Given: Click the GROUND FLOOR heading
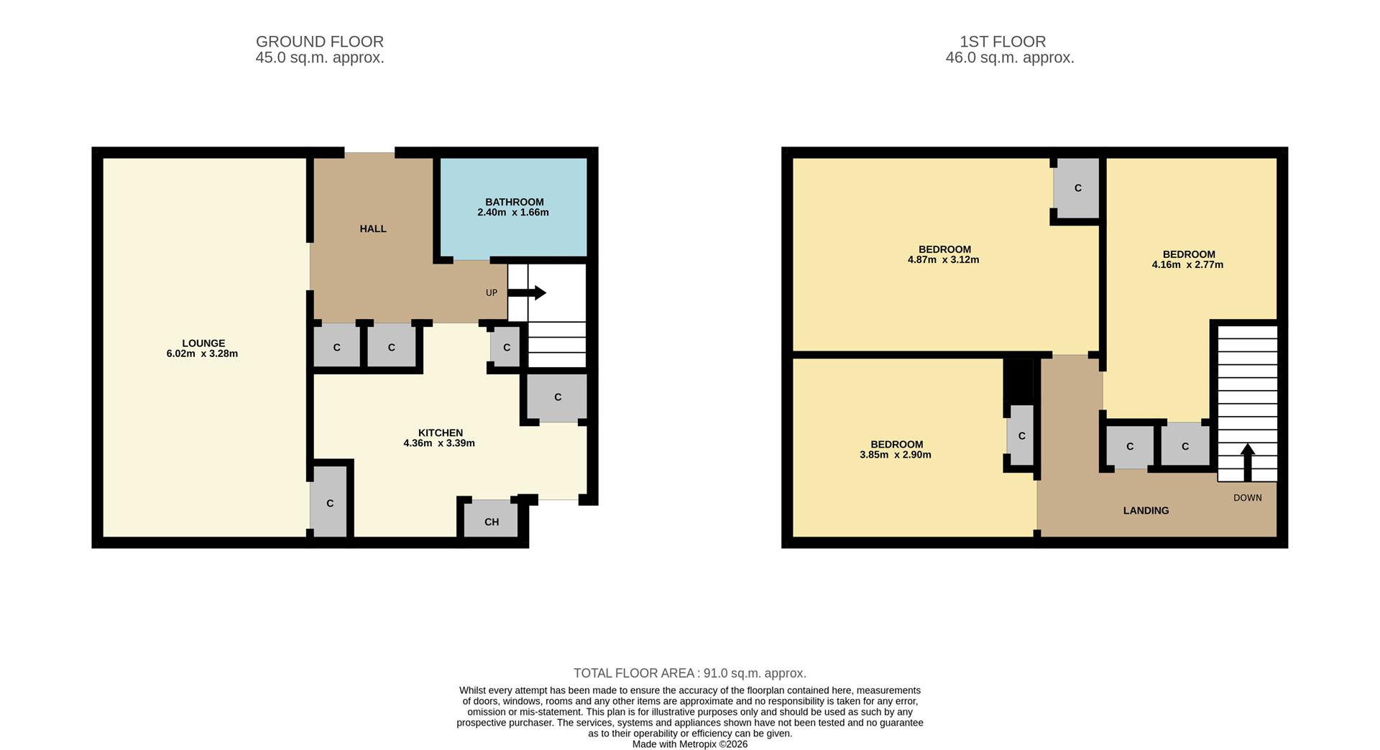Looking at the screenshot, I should [x=320, y=42].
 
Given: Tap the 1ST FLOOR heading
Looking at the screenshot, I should [x=1003, y=42].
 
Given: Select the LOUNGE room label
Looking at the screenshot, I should [x=203, y=343].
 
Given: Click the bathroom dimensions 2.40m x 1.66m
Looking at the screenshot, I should [x=513, y=213].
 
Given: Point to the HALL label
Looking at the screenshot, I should [x=373, y=228].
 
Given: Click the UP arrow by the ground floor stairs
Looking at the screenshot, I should [x=528, y=293].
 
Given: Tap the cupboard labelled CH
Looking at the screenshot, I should [x=491, y=521].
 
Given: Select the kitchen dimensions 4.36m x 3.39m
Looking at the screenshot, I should [x=439, y=443].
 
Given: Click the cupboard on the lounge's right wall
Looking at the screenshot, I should [x=330, y=503].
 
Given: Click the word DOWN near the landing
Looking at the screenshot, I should [x=1247, y=498].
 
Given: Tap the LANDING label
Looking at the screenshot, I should [x=1146, y=511].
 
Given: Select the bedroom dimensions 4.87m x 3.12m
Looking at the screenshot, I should [x=943, y=260].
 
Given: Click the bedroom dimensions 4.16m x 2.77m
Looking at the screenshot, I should [x=1187, y=264].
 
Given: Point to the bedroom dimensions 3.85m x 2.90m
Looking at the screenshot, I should [x=896, y=455].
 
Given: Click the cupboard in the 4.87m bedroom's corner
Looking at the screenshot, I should [x=1077, y=188].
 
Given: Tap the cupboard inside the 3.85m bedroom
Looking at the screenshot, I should [x=1021, y=435].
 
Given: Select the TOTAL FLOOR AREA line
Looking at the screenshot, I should [x=690, y=673].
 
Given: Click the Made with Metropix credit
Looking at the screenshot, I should [x=690, y=744].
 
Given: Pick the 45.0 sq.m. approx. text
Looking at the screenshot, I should [x=320, y=58].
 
